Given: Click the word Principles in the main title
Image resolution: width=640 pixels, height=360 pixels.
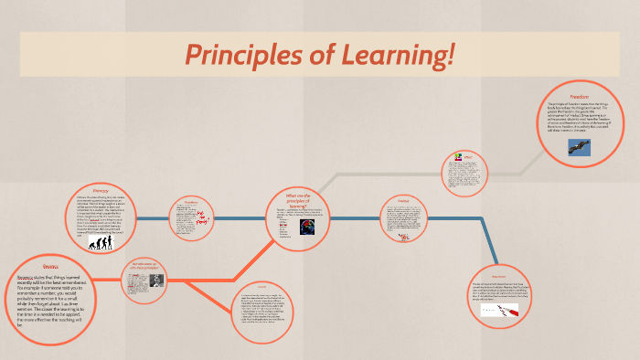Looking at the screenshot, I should pyautogui.click(x=240, y=56).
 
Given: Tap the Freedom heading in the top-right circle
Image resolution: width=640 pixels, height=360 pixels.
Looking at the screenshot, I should pyautogui.click(x=579, y=96).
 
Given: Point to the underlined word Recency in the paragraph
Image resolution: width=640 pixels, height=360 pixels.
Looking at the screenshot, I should pyautogui.click(x=32, y=277).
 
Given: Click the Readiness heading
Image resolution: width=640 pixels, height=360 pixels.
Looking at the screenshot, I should pyautogui.click(x=191, y=202).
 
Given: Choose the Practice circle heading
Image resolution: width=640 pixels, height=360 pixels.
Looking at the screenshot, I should pyautogui.click(x=402, y=200).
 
